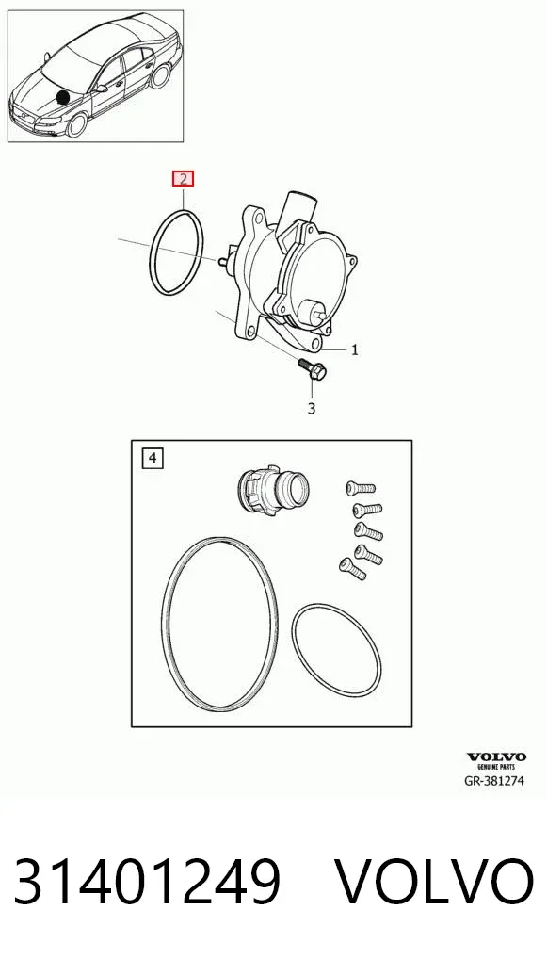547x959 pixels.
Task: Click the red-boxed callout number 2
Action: click(x=184, y=179)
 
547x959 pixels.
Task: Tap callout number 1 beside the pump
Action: click(x=354, y=349)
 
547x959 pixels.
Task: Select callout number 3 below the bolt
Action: click(x=312, y=409)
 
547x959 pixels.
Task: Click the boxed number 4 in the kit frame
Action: click(x=153, y=458)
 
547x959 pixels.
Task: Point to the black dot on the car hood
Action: click(x=63, y=97)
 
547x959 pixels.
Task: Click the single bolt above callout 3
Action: click(x=313, y=368)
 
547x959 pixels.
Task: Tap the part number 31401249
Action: click(x=147, y=882)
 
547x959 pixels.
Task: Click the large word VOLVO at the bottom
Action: click(x=435, y=882)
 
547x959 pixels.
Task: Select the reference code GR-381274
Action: click(x=494, y=780)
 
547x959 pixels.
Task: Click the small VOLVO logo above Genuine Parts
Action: click(x=496, y=757)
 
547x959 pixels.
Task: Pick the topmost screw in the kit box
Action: click(x=361, y=488)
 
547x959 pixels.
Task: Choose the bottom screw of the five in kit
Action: click(x=353, y=569)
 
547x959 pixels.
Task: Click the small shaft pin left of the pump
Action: click(x=222, y=261)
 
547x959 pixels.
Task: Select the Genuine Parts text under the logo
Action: click(x=496, y=766)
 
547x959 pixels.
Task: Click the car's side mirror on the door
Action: click(x=101, y=89)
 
